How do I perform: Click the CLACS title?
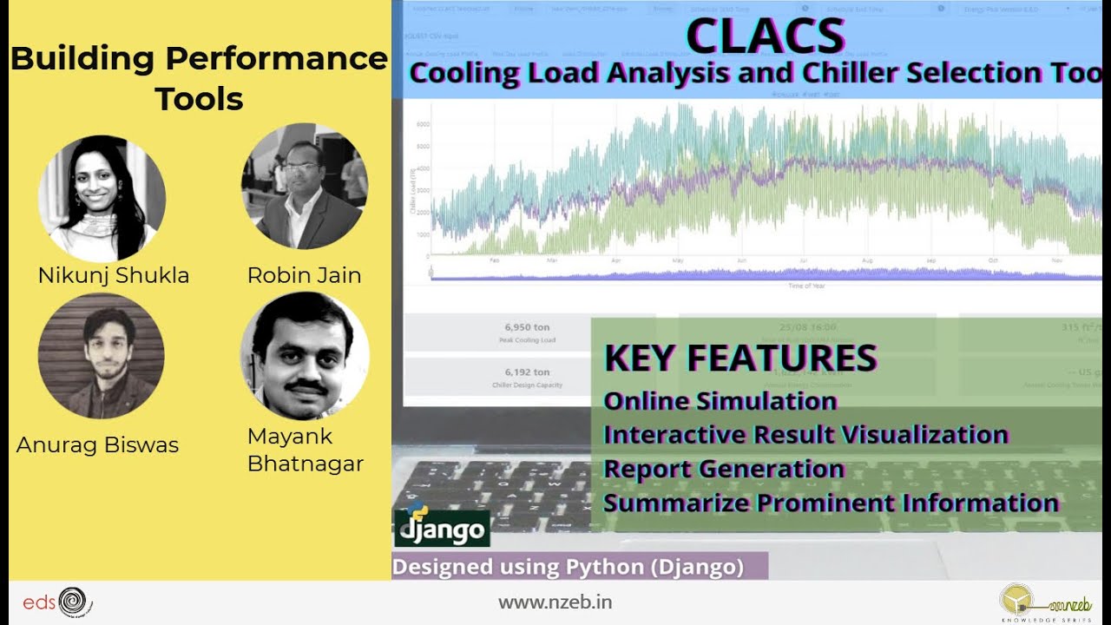(765, 36)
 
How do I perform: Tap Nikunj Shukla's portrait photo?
(102, 198)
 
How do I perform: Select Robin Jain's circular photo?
(304, 186)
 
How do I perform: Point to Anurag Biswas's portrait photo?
(101, 356)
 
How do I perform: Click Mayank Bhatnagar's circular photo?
(304, 357)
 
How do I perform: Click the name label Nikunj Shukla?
(114, 276)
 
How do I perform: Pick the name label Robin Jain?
(304, 276)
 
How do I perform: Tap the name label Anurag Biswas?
(97, 445)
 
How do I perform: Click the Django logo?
(442, 525)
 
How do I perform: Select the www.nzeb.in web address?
(555, 602)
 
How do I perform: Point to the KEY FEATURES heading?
(740, 358)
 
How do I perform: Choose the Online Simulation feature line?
(720, 401)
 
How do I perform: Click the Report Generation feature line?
(724, 469)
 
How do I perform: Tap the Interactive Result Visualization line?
(805, 434)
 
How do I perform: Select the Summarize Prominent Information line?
(831, 503)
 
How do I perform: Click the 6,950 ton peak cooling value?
(527, 327)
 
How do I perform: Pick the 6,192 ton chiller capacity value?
(527, 372)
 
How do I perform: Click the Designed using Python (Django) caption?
(569, 567)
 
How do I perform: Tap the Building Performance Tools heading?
(199, 78)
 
